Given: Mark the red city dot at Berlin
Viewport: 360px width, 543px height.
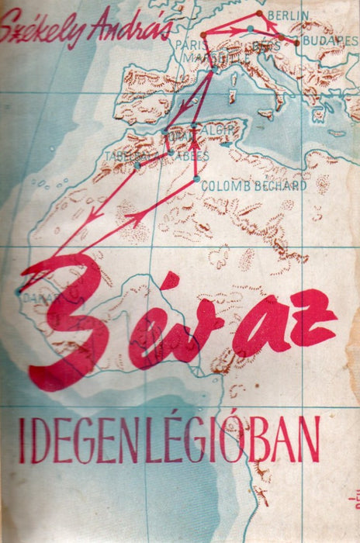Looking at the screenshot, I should coord(259,13).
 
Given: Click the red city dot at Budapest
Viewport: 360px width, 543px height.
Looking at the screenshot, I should coord(296,43).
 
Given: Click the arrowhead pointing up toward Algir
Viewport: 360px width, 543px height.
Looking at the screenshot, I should coord(192,144).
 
